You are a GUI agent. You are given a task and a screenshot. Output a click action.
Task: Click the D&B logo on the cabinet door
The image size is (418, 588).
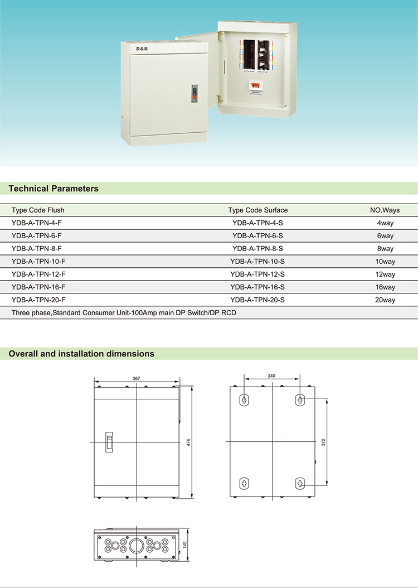(x=142, y=50)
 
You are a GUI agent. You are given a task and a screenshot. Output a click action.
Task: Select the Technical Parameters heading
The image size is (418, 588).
(x=54, y=189)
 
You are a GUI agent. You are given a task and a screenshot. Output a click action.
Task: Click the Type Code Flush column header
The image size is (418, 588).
(x=38, y=210)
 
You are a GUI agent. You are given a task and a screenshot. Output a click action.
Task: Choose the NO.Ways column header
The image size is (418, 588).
(x=385, y=210)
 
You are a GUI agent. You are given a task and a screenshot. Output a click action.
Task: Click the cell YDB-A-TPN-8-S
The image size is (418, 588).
(x=257, y=248)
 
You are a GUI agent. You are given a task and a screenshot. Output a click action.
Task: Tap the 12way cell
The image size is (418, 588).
(x=385, y=274)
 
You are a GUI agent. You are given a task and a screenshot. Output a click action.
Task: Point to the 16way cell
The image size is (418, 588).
(x=385, y=287)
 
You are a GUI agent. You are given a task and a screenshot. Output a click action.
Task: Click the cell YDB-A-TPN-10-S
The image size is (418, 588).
(x=257, y=261)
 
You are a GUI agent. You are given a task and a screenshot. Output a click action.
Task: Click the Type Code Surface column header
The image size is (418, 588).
(x=258, y=210)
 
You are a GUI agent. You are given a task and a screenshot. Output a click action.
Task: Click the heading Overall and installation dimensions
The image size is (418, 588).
(x=81, y=354)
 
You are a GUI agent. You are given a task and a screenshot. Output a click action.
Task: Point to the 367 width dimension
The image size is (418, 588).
(x=137, y=379)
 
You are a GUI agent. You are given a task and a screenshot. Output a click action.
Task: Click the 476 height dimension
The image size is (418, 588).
(x=189, y=442)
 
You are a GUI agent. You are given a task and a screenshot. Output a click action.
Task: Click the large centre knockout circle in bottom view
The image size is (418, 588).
(x=136, y=545)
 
